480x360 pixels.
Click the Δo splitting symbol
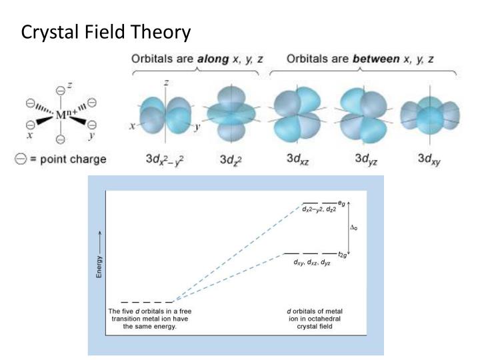point(353,227)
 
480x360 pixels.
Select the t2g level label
point(342,254)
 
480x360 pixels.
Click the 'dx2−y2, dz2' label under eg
point(321,210)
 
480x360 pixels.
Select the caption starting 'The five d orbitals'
point(150,317)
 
